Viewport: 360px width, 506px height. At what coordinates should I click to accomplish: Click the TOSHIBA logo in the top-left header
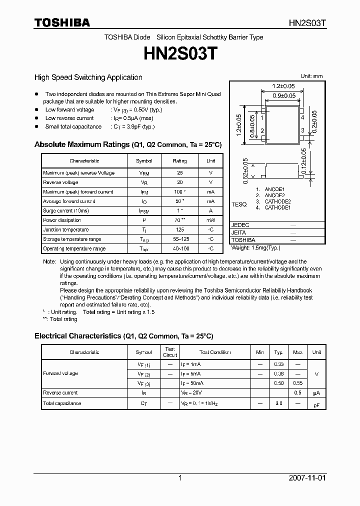(x=62, y=22)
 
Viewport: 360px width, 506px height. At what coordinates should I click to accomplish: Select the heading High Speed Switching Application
(x=88, y=77)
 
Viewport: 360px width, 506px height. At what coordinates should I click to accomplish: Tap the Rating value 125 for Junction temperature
(x=179, y=230)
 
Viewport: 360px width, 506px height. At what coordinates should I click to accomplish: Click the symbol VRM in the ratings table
(x=144, y=173)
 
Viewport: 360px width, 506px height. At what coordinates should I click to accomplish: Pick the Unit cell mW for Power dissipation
(x=210, y=220)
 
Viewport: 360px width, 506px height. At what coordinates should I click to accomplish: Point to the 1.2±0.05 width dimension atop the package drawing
(x=283, y=85)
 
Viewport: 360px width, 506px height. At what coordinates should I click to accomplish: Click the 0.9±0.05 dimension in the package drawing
(x=283, y=95)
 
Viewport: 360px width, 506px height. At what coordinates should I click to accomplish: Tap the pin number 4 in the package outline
(x=302, y=117)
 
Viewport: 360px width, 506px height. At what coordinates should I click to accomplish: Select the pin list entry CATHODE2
(x=277, y=201)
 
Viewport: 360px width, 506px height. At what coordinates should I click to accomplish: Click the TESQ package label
(x=239, y=204)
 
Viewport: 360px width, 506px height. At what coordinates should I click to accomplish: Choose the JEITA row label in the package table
(x=239, y=232)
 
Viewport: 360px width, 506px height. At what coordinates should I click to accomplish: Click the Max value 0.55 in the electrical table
(x=297, y=383)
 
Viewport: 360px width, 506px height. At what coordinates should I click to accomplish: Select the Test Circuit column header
(x=170, y=352)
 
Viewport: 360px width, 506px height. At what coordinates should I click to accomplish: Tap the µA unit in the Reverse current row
(x=316, y=393)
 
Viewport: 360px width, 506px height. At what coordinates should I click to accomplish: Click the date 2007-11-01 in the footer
(x=307, y=478)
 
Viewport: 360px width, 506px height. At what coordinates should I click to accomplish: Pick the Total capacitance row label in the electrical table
(x=62, y=403)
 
